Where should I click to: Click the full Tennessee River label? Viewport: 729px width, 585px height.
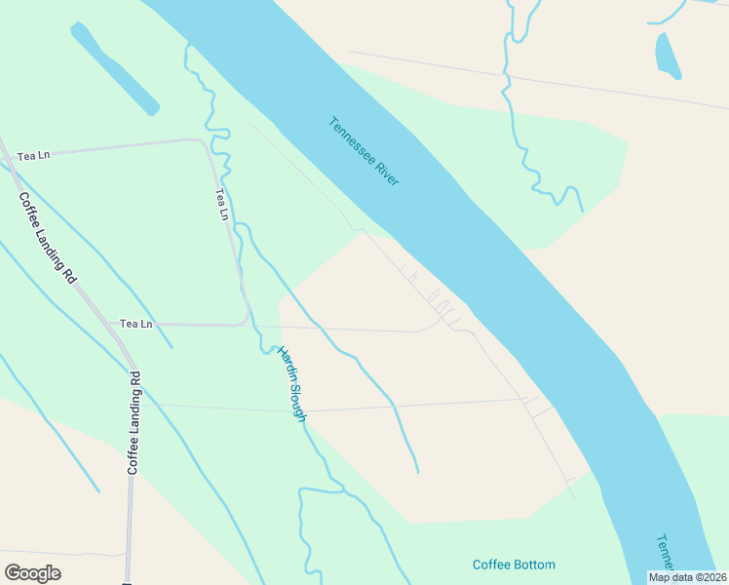(364, 152)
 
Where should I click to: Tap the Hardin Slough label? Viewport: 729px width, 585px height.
(292, 384)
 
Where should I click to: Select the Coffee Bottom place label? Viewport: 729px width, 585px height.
(514, 565)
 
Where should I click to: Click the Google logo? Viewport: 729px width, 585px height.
(33, 573)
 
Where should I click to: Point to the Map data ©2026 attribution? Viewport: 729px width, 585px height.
(687, 577)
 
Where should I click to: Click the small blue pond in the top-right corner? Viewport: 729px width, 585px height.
(668, 55)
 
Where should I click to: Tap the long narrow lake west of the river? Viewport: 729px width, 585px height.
(114, 67)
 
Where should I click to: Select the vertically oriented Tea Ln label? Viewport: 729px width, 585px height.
(223, 204)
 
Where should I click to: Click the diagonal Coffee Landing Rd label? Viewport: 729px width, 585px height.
(47, 237)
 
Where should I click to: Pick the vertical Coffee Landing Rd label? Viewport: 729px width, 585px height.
(134, 422)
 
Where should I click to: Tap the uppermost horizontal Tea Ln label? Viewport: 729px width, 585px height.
(33, 155)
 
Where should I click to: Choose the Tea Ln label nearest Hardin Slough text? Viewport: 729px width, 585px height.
(136, 323)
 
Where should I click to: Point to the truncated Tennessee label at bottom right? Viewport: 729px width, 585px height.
(663, 553)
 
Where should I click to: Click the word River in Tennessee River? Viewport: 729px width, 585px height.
(386, 175)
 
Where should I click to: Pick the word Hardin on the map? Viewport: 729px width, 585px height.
(285, 363)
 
